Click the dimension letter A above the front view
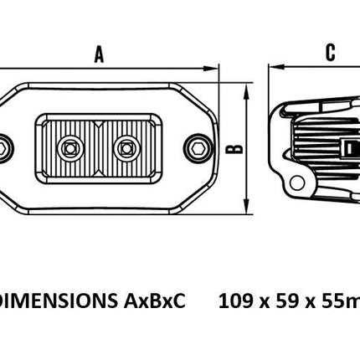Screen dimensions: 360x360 pos(99,54)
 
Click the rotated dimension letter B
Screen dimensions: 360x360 pos(234,149)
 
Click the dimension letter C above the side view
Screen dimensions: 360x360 pos(331,53)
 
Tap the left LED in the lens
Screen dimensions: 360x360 pos(70,148)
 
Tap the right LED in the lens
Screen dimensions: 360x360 pos(126,148)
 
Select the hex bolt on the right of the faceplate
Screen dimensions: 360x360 pos(198,148)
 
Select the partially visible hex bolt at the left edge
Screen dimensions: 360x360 pos(5,148)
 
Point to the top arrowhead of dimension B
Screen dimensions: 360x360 pos(246,91)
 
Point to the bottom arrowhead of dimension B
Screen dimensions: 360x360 pos(246,206)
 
